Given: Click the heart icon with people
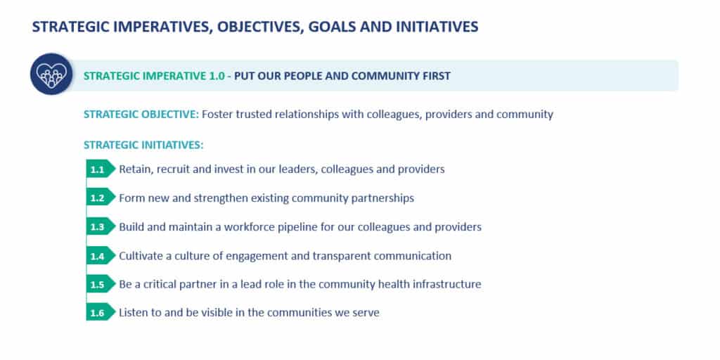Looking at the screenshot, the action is pos(51,75).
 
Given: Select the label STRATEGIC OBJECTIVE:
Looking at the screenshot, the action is pos(141,115).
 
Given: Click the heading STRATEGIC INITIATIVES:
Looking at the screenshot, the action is pos(143,145).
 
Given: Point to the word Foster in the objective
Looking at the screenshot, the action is pos(217,115).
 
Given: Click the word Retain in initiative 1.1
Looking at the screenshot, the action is pos(136,169).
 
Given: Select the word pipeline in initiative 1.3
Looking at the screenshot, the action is pos(298,227).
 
